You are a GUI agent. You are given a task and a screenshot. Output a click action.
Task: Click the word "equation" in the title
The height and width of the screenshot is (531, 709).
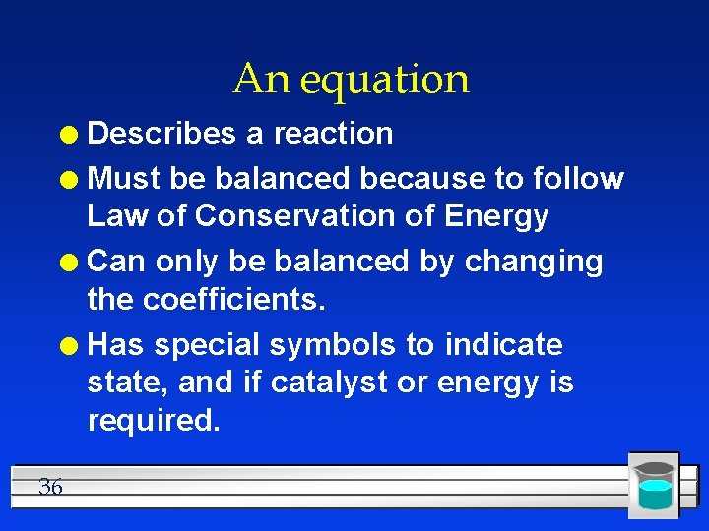click(385, 80)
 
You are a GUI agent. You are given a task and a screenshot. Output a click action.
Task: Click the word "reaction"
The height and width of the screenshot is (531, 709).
click(333, 134)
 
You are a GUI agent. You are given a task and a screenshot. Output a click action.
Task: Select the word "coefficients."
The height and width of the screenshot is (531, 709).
click(234, 299)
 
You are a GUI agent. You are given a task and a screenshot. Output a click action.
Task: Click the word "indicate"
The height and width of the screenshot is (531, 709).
click(504, 345)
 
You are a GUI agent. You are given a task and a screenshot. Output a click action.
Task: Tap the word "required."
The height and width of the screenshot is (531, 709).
click(154, 420)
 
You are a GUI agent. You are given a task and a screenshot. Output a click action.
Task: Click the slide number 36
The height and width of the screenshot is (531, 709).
click(50, 486)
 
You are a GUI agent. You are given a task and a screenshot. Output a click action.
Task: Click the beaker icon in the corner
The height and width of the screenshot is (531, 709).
click(654, 485)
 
